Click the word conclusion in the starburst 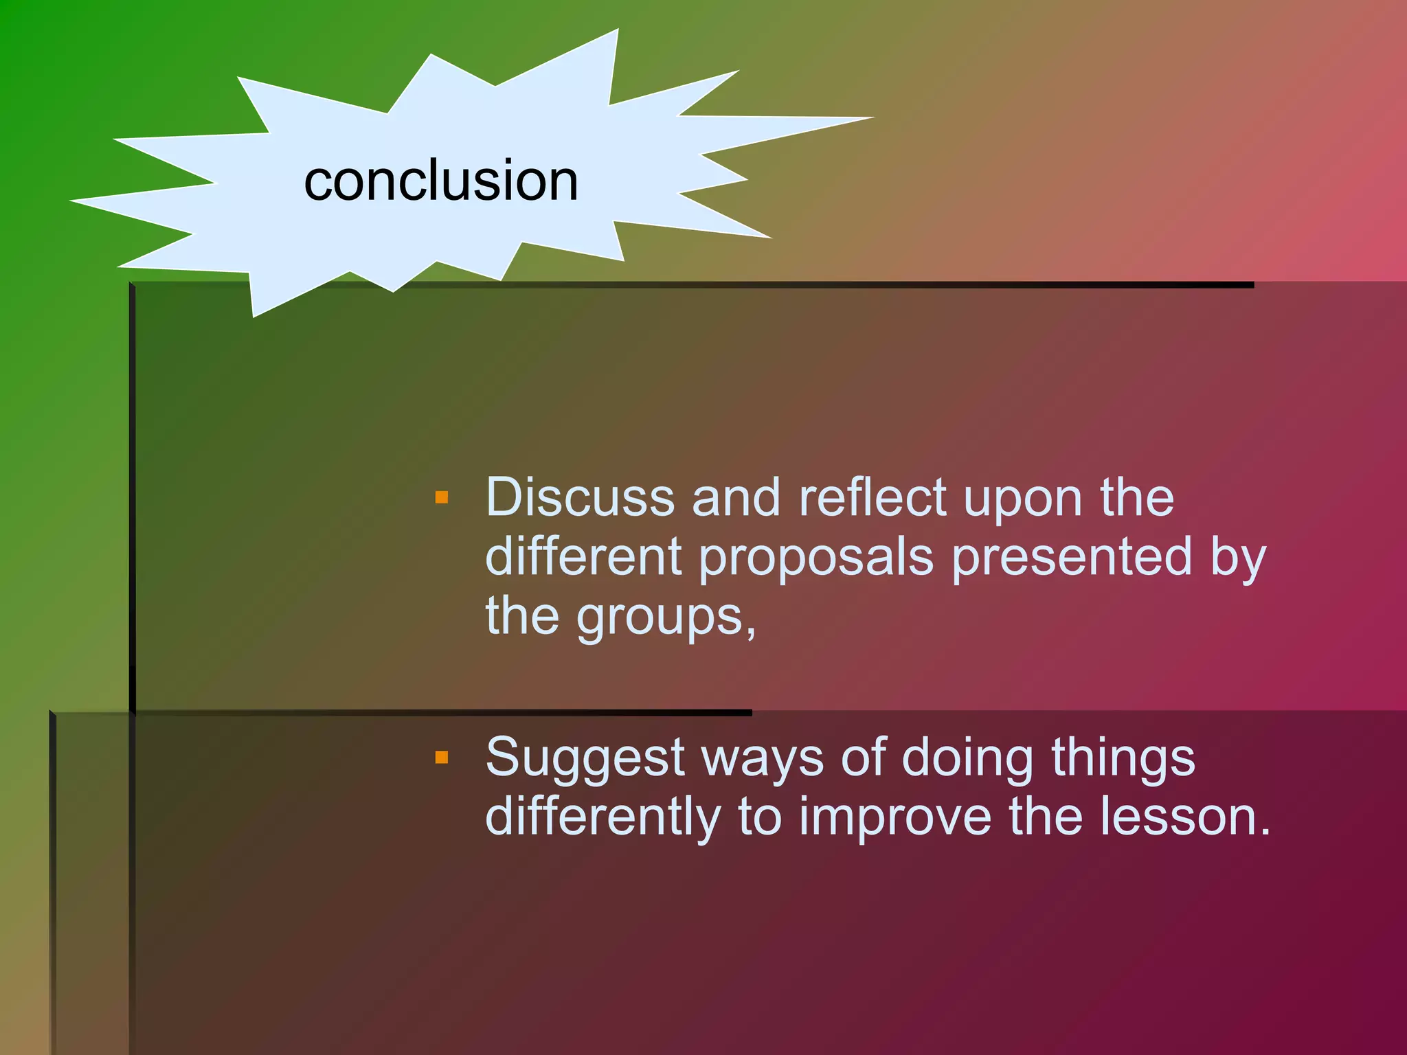(x=441, y=181)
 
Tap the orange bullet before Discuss (x=442, y=497)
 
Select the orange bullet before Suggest (x=442, y=758)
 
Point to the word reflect (x=873, y=497)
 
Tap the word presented (x=1072, y=556)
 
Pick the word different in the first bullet (x=583, y=556)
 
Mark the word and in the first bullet (x=736, y=497)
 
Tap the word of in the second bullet (x=864, y=758)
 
